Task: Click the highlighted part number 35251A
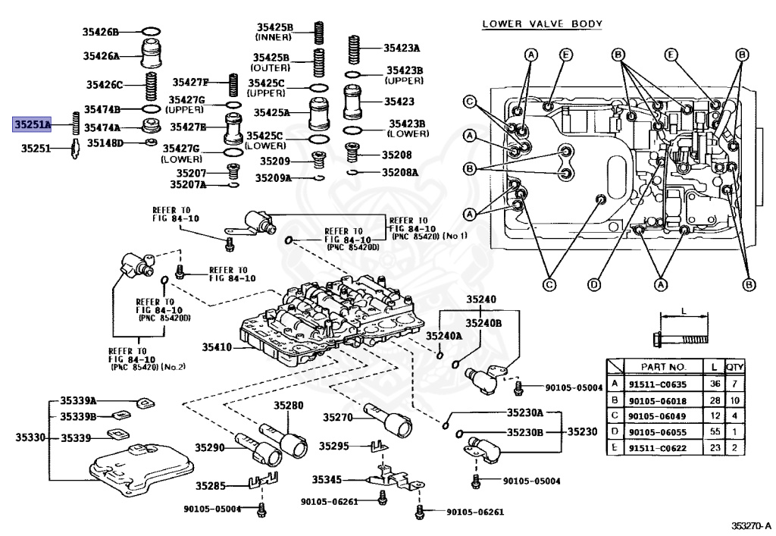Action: tap(32, 125)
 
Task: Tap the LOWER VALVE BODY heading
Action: tap(543, 24)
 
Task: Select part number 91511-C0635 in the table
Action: tap(658, 384)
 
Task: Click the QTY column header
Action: tap(735, 367)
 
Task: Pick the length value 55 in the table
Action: tap(715, 431)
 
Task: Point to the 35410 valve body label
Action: tap(217, 347)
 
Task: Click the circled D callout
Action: tap(594, 284)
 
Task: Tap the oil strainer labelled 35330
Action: tap(141, 469)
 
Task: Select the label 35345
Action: tap(327, 480)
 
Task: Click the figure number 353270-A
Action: tap(751, 525)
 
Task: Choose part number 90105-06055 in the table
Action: tap(658, 432)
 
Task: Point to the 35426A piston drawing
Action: tap(152, 54)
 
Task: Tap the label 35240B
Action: tap(483, 323)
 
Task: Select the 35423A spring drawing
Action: tap(353, 49)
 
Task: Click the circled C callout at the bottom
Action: tap(549, 284)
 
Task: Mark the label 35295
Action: tap(334, 446)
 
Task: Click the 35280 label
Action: tap(289, 406)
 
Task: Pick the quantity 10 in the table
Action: tap(735, 400)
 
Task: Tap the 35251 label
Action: tap(36, 148)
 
